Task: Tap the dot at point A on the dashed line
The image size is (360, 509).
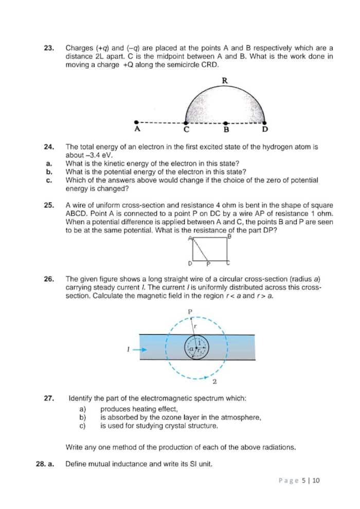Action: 136,122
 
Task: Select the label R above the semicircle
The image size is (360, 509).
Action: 225,80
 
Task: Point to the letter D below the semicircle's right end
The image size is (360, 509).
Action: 265,130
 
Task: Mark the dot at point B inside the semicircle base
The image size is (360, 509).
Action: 226,123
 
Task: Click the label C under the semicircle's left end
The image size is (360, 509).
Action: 187,130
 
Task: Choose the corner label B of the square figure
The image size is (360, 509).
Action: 230,237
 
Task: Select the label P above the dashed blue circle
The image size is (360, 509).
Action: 190,312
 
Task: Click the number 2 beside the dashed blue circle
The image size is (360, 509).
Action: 214,382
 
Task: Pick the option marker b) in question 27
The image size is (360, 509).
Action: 82,417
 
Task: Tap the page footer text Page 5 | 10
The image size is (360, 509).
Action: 299,480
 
